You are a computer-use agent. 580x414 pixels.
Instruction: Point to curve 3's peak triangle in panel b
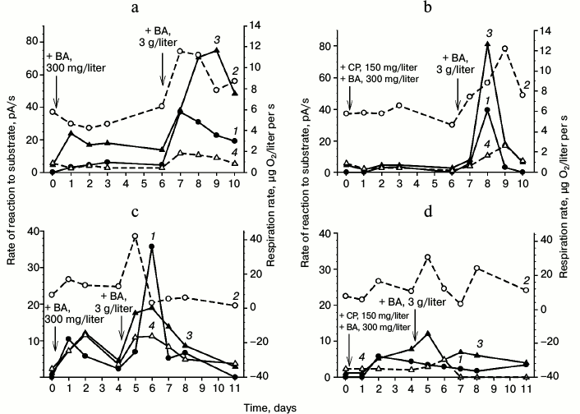(x=488, y=44)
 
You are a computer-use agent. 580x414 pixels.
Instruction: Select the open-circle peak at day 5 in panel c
(x=136, y=237)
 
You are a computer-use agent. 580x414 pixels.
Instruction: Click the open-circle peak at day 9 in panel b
(x=505, y=48)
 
